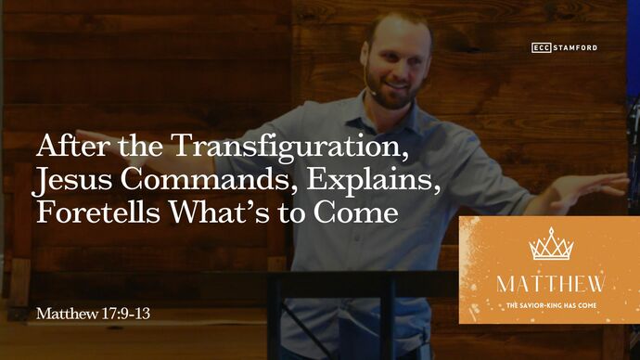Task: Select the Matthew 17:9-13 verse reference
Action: tap(93, 314)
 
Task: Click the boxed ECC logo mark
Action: tap(543, 47)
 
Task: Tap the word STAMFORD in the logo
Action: tap(577, 47)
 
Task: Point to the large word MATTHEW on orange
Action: tap(551, 283)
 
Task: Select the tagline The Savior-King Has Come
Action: tap(551, 303)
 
